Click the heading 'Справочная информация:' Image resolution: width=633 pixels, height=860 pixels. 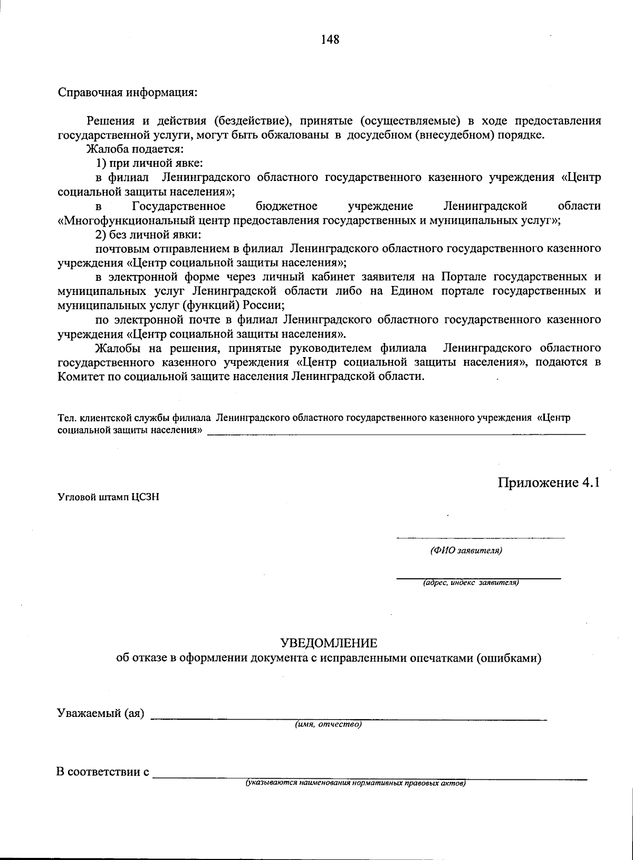127,92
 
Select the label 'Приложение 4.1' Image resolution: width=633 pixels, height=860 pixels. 549,483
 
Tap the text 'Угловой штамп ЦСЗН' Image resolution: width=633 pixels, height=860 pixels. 108,497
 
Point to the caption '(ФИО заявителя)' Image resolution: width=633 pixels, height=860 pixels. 466,551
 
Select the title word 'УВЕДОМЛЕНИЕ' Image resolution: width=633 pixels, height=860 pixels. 329,643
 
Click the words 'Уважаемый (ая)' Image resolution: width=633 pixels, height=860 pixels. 100,713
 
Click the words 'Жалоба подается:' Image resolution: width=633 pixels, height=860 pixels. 135,149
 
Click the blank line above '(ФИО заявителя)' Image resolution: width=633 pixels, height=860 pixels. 480,538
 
